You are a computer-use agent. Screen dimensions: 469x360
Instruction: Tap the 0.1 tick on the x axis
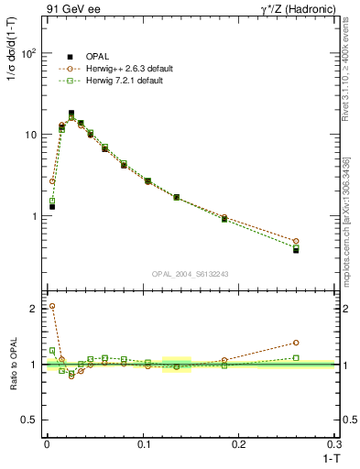(143, 443)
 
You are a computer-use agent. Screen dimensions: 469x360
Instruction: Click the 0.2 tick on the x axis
(240, 443)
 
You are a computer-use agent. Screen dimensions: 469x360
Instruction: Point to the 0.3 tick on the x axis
(336, 443)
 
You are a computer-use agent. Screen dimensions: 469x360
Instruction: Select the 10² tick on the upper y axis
(30, 53)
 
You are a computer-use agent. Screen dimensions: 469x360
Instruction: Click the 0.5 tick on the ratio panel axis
(29, 420)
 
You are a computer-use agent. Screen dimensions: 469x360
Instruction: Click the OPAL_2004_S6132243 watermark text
(190, 274)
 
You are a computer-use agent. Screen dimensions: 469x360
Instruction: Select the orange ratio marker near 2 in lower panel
(52, 306)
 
